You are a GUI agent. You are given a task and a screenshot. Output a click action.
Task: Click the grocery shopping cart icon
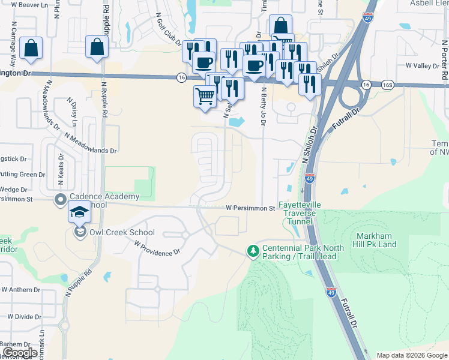pyautogui.click(x=205, y=96)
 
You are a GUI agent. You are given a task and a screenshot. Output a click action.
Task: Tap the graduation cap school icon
pyautogui.click(x=79, y=212)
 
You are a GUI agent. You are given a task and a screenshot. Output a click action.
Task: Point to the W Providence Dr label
pyautogui.click(x=157, y=248)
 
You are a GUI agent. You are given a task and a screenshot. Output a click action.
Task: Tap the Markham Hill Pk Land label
pyautogui.click(x=384, y=240)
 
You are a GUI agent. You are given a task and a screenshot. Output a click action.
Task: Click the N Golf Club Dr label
pyautogui.click(x=168, y=29)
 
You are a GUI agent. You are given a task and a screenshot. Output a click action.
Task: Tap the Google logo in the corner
pyautogui.click(x=19, y=353)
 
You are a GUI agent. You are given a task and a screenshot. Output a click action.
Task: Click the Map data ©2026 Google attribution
pyautogui.click(x=411, y=355)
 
